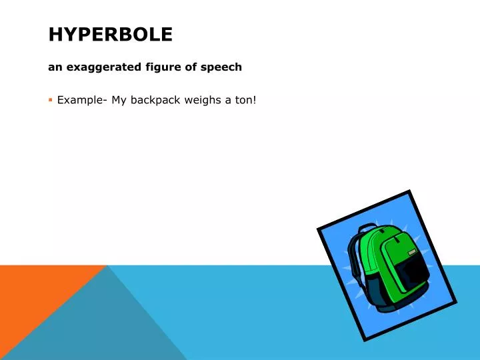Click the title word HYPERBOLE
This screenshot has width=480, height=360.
[110, 34]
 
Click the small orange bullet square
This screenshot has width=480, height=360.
[50, 100]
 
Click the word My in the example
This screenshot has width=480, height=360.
[119, 100]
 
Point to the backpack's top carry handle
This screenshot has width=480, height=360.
[367, 229]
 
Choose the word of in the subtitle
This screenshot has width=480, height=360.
[191, 67]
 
